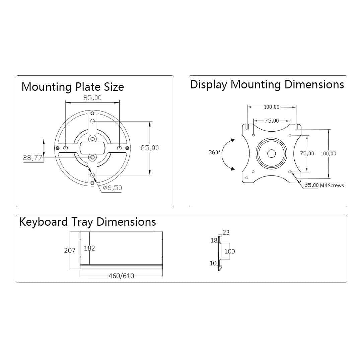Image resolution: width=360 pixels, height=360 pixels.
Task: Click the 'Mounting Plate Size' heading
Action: tap(73, 87)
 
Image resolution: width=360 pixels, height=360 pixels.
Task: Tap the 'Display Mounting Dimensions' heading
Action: tap(267, 84)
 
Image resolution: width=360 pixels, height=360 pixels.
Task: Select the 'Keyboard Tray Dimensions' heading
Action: tap(88, 222)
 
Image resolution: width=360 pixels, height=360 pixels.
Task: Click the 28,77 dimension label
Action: tap(32, 157)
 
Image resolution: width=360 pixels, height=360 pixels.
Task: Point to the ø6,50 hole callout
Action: tap(113, 188)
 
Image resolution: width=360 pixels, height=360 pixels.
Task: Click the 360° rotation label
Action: tap(214, 152)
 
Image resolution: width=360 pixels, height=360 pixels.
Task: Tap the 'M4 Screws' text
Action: tap(332, 185)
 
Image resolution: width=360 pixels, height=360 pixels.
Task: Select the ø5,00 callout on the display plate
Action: tap(311, 185)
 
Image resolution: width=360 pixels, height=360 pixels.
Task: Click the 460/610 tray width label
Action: tap(121, 276)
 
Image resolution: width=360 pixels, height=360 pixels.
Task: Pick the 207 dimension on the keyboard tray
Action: tap(70, 250)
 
